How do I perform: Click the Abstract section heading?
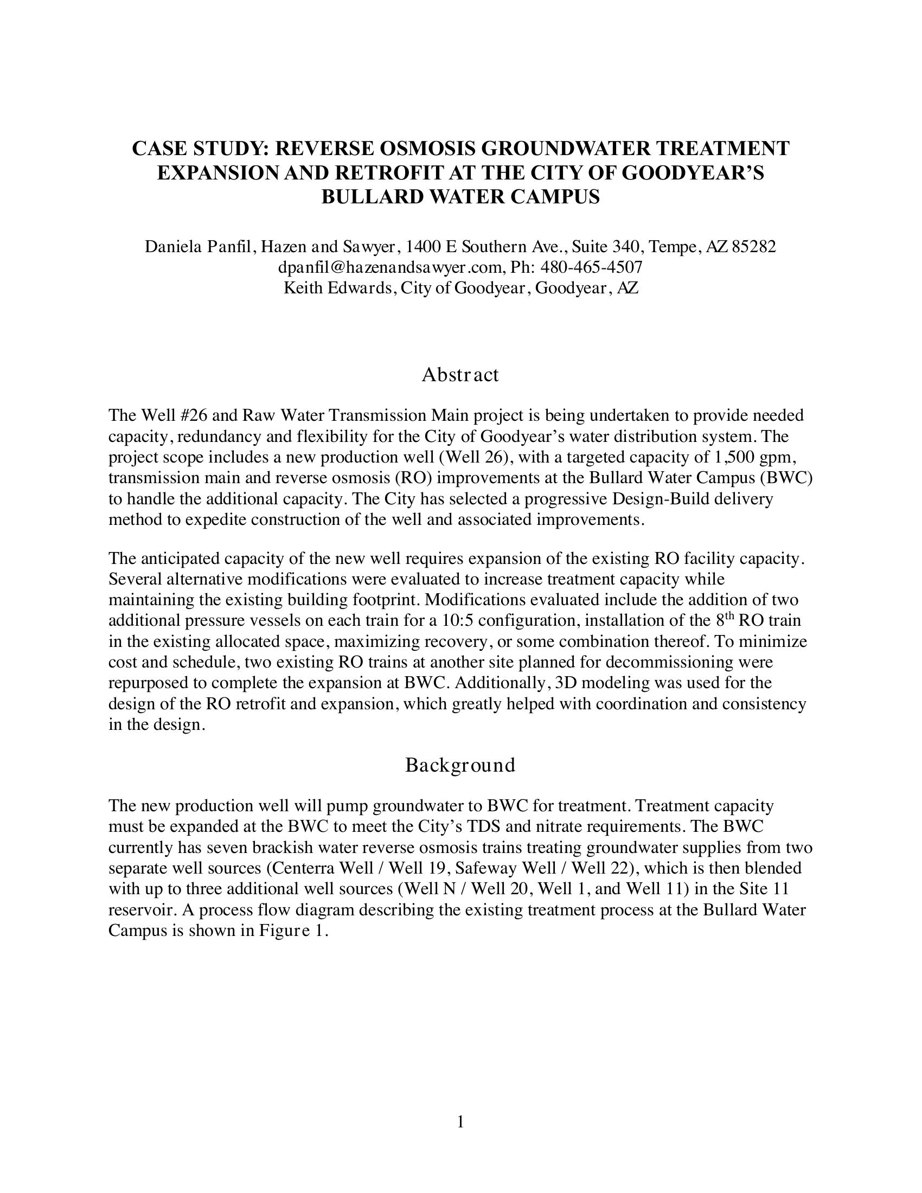tap(460, 375)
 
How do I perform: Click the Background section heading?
tap(460, 765)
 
